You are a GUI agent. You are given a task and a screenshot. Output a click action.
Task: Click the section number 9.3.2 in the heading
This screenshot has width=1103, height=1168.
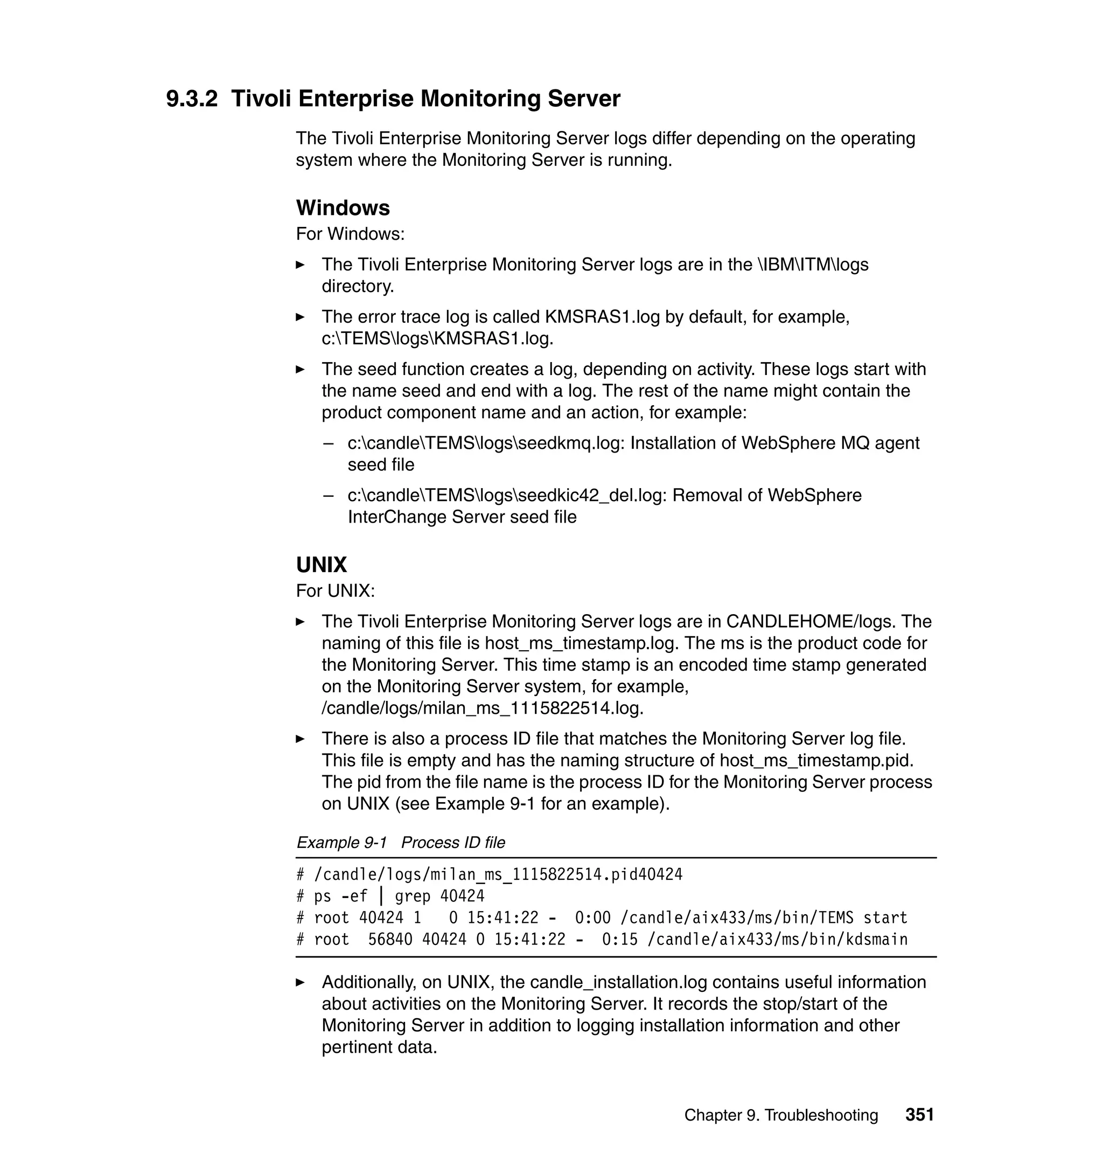point(192,98)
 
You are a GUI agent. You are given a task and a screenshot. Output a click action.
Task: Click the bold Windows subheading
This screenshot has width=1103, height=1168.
point(343,207)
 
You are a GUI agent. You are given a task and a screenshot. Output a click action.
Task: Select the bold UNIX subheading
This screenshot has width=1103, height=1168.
point(321,565)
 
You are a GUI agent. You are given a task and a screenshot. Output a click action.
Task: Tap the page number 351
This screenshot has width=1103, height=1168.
point(919,1115)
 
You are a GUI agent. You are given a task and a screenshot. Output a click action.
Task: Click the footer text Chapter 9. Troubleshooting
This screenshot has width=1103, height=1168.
point(781,1116)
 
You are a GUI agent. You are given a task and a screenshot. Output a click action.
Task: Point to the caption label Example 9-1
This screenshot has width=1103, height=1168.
point(341,843)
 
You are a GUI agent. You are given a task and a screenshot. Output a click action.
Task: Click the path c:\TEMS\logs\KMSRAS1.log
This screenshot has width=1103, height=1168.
point(437,339)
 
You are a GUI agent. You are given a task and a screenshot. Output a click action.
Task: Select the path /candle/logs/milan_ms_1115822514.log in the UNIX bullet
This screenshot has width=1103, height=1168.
point(482,708)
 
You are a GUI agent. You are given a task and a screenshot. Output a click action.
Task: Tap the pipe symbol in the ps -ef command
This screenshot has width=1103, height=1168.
point(381,896)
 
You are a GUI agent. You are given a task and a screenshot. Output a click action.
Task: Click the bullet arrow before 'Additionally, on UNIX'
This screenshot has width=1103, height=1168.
point(301,982)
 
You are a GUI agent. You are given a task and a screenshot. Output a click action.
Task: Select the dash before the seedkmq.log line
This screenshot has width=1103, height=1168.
point(328,443)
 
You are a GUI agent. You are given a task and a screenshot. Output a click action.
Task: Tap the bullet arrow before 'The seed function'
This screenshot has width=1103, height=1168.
point(301,370)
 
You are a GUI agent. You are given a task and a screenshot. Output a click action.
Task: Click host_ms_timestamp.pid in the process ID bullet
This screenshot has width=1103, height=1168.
point(816,760)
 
